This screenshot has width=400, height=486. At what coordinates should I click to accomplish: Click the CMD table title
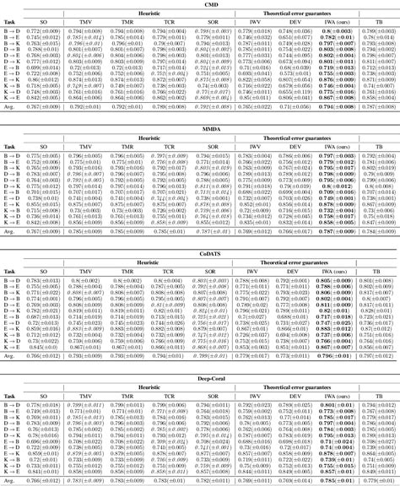click(199, 5)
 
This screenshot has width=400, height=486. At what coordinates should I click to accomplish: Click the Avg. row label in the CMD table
click(11, 109)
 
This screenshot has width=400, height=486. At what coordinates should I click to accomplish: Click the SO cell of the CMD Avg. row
click(41, 109)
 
